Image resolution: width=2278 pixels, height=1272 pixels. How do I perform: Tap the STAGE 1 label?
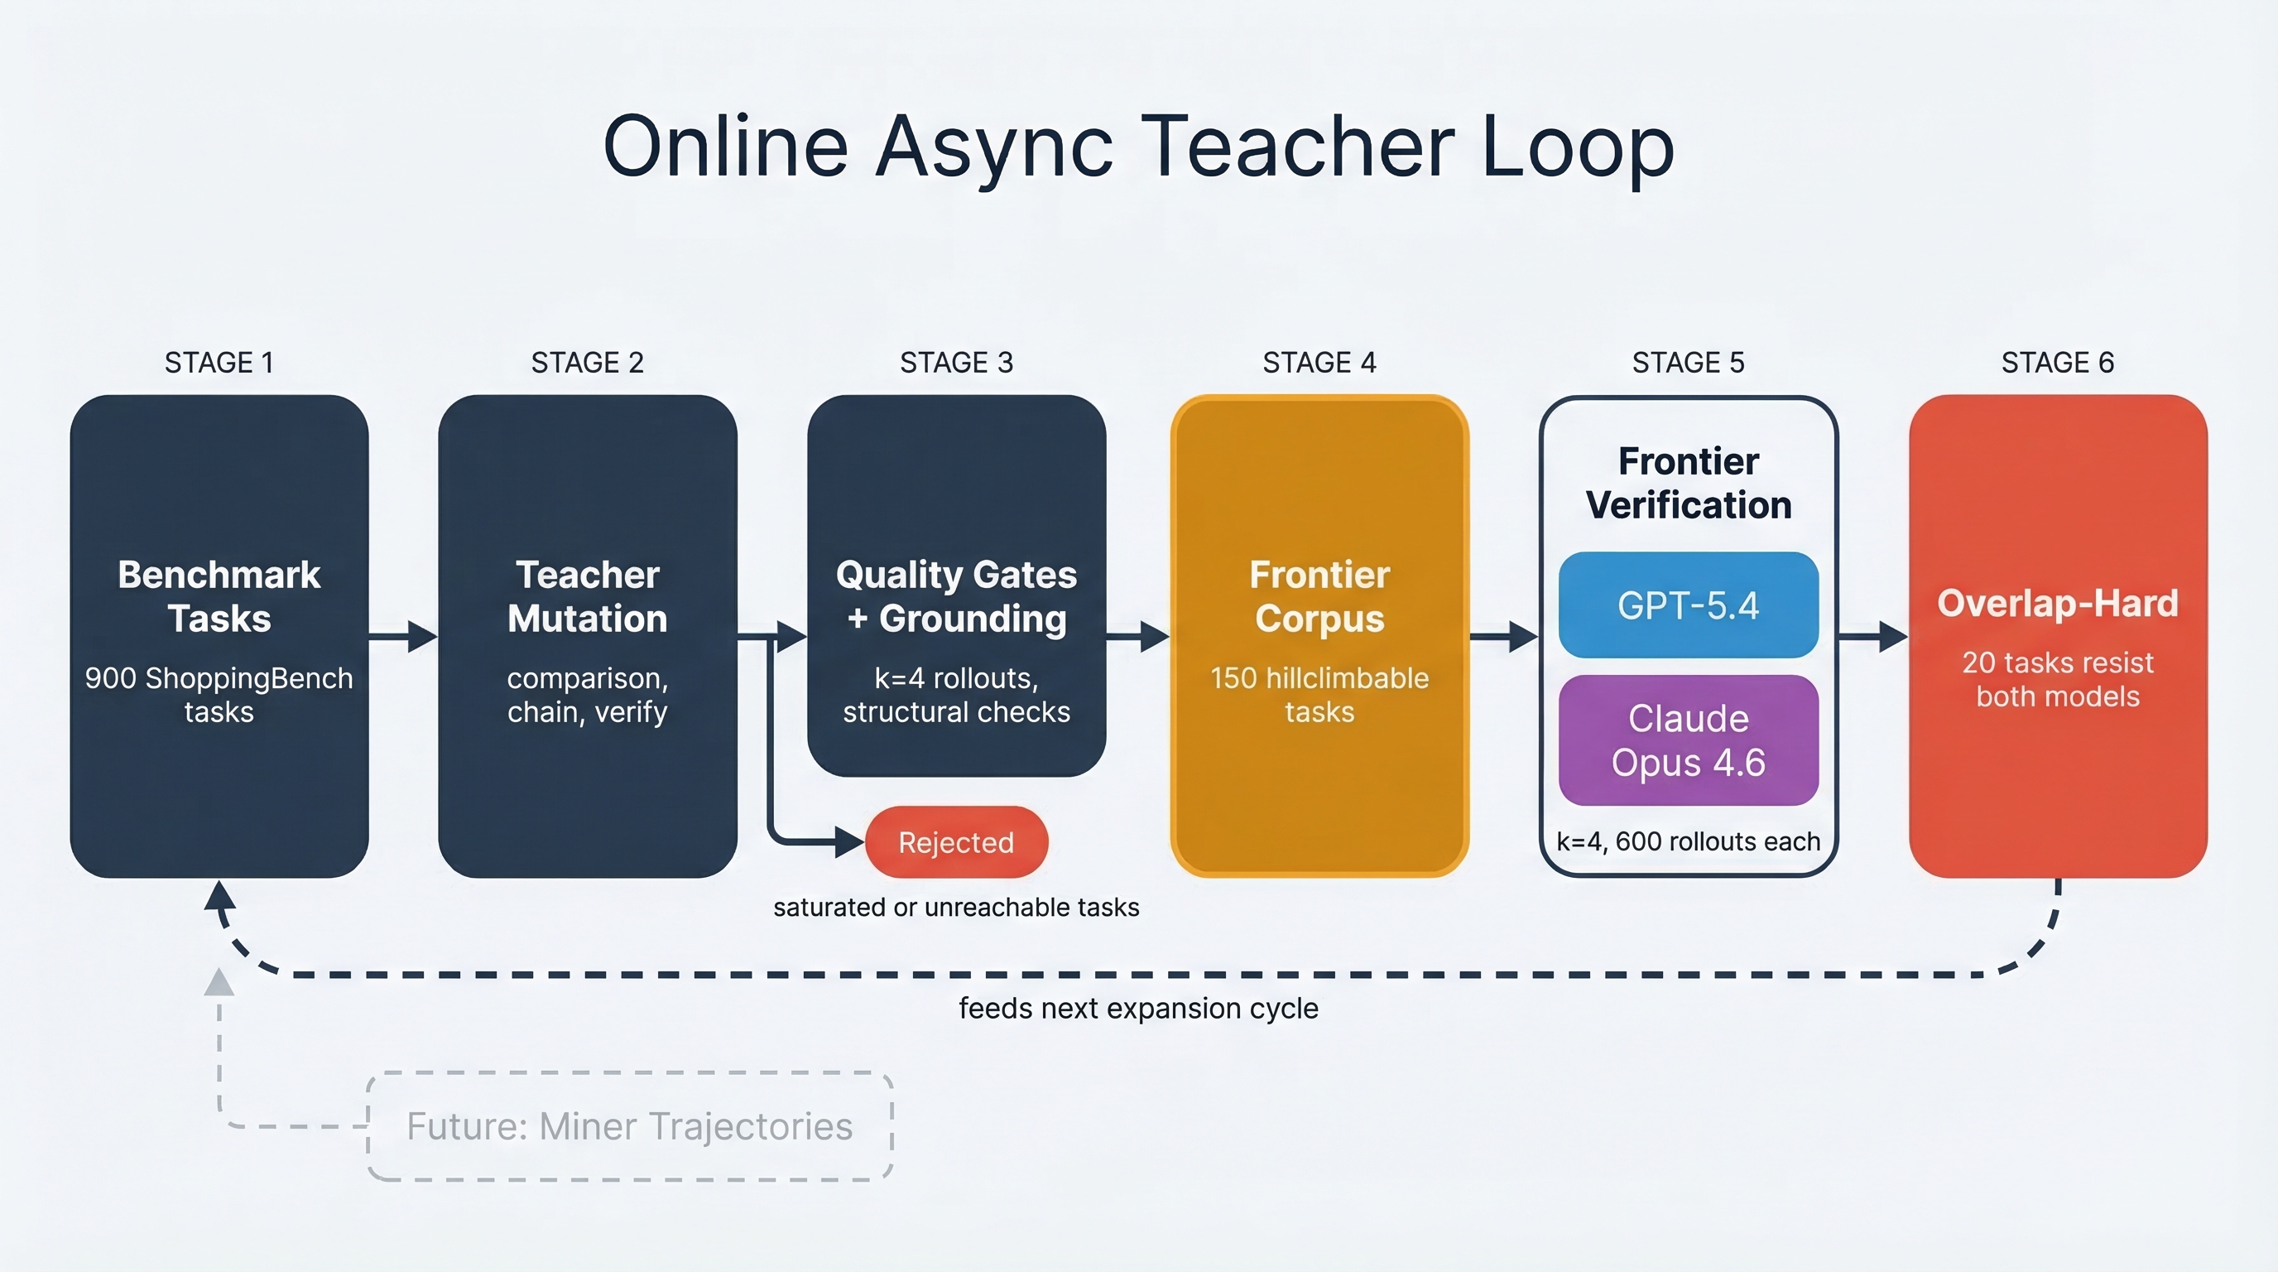(219, 363)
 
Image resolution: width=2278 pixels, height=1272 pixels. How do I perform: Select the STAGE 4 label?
(1319, 363)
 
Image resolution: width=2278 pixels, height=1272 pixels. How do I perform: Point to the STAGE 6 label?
(2057, 363)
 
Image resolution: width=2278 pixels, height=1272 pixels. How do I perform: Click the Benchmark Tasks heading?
(219, 596)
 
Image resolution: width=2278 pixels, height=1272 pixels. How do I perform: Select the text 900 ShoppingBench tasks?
(219, 694)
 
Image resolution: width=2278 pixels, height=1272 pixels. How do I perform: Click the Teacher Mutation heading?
(587, 596)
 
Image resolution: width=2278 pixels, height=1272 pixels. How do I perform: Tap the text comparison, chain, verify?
(587, 694)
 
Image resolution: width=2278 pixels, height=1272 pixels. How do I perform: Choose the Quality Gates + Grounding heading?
(956, 596)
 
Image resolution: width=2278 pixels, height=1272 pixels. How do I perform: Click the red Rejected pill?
(956, 842)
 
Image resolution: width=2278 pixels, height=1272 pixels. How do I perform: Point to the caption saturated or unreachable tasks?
(956, 908)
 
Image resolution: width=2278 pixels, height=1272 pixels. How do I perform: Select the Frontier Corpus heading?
(1319, 596)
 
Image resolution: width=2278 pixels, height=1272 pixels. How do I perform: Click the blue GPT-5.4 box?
(1687, 605)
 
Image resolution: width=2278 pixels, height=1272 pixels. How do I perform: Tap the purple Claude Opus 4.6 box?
(1687, 740)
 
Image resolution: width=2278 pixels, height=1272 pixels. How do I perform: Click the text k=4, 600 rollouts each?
(1687, 841)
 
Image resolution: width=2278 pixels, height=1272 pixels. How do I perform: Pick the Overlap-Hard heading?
(2057, 603)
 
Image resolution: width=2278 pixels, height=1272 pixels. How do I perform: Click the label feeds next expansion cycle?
(1138, 1009)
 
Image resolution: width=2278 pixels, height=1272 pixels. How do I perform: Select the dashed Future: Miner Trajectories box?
(630, 1126)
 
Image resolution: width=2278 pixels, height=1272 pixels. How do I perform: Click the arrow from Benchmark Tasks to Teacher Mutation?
(403, 635)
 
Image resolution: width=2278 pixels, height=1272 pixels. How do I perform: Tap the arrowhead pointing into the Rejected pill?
(850, 842)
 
